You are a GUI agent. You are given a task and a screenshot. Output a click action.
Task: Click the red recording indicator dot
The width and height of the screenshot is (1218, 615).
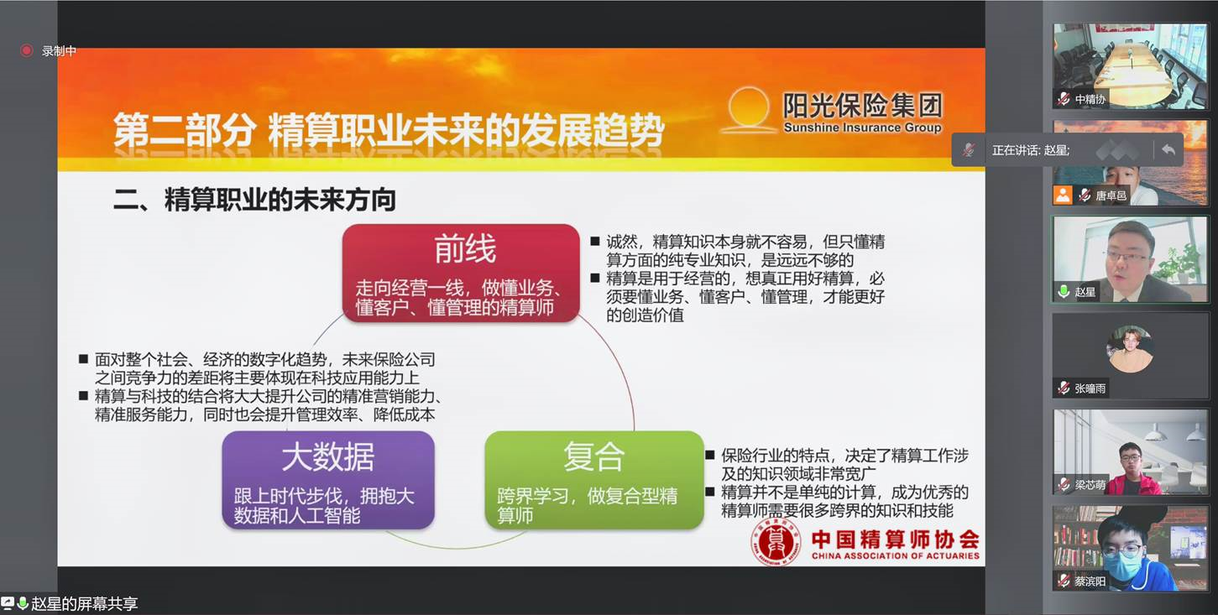click(x=26, y=50)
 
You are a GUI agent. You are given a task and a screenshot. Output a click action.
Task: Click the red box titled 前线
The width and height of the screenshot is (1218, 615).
click(x=461, y=273)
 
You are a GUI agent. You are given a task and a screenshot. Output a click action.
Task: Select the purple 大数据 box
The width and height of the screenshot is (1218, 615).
click(x=328, y=480)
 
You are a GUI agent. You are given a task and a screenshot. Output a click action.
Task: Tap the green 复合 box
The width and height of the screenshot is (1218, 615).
click(x=593, y=480)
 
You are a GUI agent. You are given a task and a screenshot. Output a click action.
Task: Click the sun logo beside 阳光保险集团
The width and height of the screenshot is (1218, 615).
click(x=749, y=110)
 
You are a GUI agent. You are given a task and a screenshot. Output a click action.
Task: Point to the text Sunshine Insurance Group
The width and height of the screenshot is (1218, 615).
click(x=862, y=128)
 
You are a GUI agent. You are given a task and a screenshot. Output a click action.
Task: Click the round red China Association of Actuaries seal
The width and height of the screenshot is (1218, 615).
click(x=776, y=542)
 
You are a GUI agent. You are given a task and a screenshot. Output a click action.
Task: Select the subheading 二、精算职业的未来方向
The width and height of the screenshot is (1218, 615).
click(x=254, y=200)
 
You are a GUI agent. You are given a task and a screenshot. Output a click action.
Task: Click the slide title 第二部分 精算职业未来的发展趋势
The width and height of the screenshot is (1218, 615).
click(x=389, y=130)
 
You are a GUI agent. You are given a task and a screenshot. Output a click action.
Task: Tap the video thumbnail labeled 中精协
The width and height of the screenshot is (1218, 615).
click(x=1130, y=65)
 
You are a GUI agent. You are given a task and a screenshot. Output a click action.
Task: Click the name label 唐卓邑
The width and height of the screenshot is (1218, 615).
click(x=1111, y=195)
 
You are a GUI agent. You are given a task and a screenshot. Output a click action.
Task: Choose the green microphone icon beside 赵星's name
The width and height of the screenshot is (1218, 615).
click(x=1064, y=291)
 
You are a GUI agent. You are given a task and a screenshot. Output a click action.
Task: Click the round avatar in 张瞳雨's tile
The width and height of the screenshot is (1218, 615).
click(x=1130, y=349)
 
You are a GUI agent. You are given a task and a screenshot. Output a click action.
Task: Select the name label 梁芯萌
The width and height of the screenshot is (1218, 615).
click(x=1090, y=485)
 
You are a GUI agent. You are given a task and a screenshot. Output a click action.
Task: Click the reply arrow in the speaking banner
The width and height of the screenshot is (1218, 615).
click(x=1168, y=149)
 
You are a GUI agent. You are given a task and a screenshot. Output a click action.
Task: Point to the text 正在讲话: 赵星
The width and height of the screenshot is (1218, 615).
click(x=1031, y=150)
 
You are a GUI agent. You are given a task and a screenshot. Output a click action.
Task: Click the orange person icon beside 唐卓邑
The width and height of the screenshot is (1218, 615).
click(x=1063, y=195)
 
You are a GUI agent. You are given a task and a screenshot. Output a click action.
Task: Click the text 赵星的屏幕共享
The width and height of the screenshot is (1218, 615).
click(x=84, y=603)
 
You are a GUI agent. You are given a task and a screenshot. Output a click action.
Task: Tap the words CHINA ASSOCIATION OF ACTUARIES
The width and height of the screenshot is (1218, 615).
click(x=895, y=555)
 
